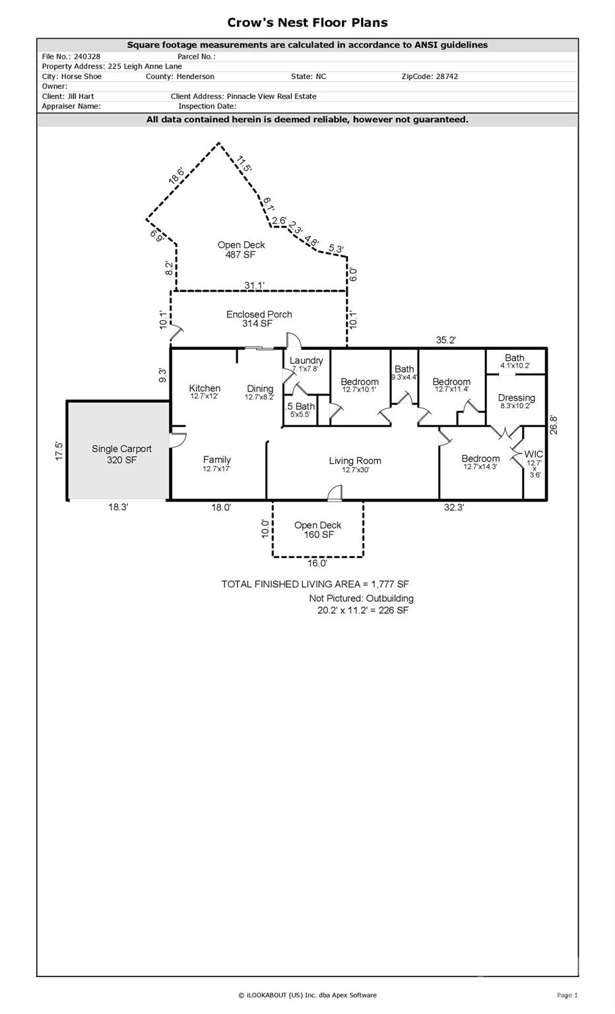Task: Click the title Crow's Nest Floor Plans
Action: pyautogui.click(x=307, y=22)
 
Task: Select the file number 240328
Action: pyautogui.click(x=87, y=57)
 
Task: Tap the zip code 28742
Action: pyautogui.click(x=447, y=77)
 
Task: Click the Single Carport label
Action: pyautogui.click(x=121, y=449)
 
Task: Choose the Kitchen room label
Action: pyautogui.click(x=205, y=388)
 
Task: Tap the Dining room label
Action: pyautogui.click(x=260, y=388)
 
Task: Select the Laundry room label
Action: pyautogui.click(x=306, y=360)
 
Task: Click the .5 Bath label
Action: pyautogui.click(x=300, y=406)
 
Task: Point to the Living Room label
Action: pyautogui.click(x=355, y=461)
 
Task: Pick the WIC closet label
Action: pyautogui.click(x=534, y=454)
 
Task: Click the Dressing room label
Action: pyautogui.click(x=516, y=397)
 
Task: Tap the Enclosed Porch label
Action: pyautogui.click(x=259, y=314)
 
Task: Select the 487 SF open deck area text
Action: pyautogui.click(x=240, y=255)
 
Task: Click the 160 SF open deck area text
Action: pyautogui.click(x=319, y=535)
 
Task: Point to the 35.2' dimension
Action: pyautogui.click(x=446, y=340)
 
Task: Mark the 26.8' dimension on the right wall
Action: pyautogui.click(x=553, y=424)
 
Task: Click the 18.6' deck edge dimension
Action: pyautogui.click(x=176, y=176)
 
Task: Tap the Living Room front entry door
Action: pyautogui.click(x=335, y=493)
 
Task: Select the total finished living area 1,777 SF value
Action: pyautogui.click(x=390, y=584)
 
